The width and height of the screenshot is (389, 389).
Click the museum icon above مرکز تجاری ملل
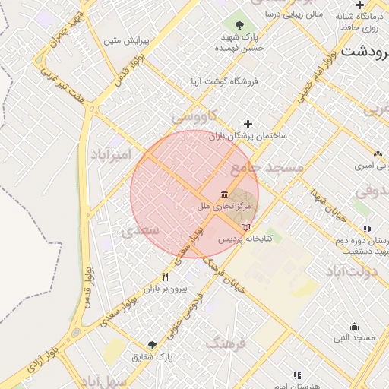224,194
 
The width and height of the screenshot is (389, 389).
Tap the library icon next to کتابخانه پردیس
245,226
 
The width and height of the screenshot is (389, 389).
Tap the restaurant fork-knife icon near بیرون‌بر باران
166,277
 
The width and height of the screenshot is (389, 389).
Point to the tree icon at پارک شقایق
153,345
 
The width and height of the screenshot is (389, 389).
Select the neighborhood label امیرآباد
112,154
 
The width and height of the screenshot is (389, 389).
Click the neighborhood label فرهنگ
226,344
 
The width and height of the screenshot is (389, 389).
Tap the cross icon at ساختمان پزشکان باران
247,124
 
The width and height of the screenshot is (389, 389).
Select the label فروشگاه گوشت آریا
224,81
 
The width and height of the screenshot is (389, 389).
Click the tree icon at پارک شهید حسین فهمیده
239,26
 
